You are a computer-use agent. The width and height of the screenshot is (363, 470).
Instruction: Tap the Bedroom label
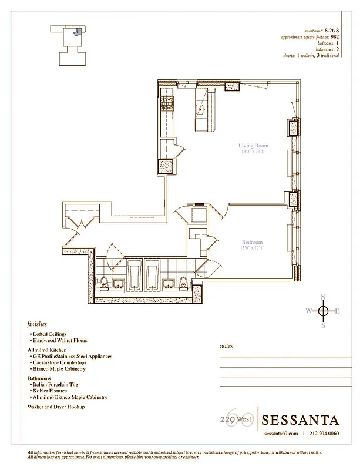[252, 242]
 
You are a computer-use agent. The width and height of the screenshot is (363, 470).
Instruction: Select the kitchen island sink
[200, 109]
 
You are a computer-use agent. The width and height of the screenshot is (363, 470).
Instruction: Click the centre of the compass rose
[322, 310]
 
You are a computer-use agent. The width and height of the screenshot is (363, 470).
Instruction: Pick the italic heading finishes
[36, 324]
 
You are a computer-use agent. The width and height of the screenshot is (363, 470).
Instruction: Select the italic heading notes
[226, 346]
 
